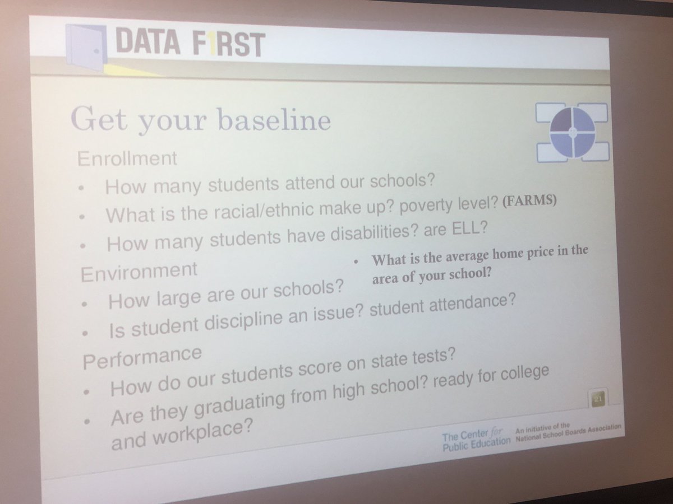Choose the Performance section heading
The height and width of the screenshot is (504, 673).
(142, 357)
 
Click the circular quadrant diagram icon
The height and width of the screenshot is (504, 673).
(572, 132)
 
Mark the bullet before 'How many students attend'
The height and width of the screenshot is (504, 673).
(82, 189)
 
